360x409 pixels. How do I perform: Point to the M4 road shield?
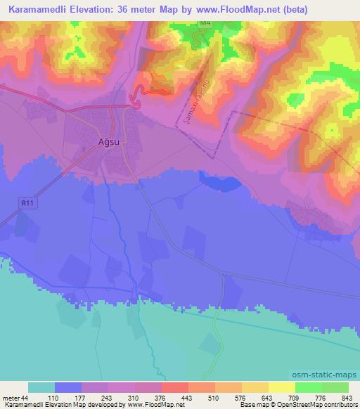tap(205, 23)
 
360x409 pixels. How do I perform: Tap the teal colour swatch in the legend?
tap(41, 388)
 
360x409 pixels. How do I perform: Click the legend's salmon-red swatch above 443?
tap(174, 388)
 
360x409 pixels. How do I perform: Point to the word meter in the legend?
tap(10, 398)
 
